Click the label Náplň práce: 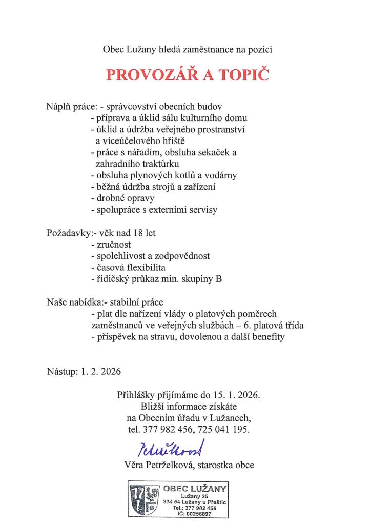pos(71,107)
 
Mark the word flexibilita pos(148,267)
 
